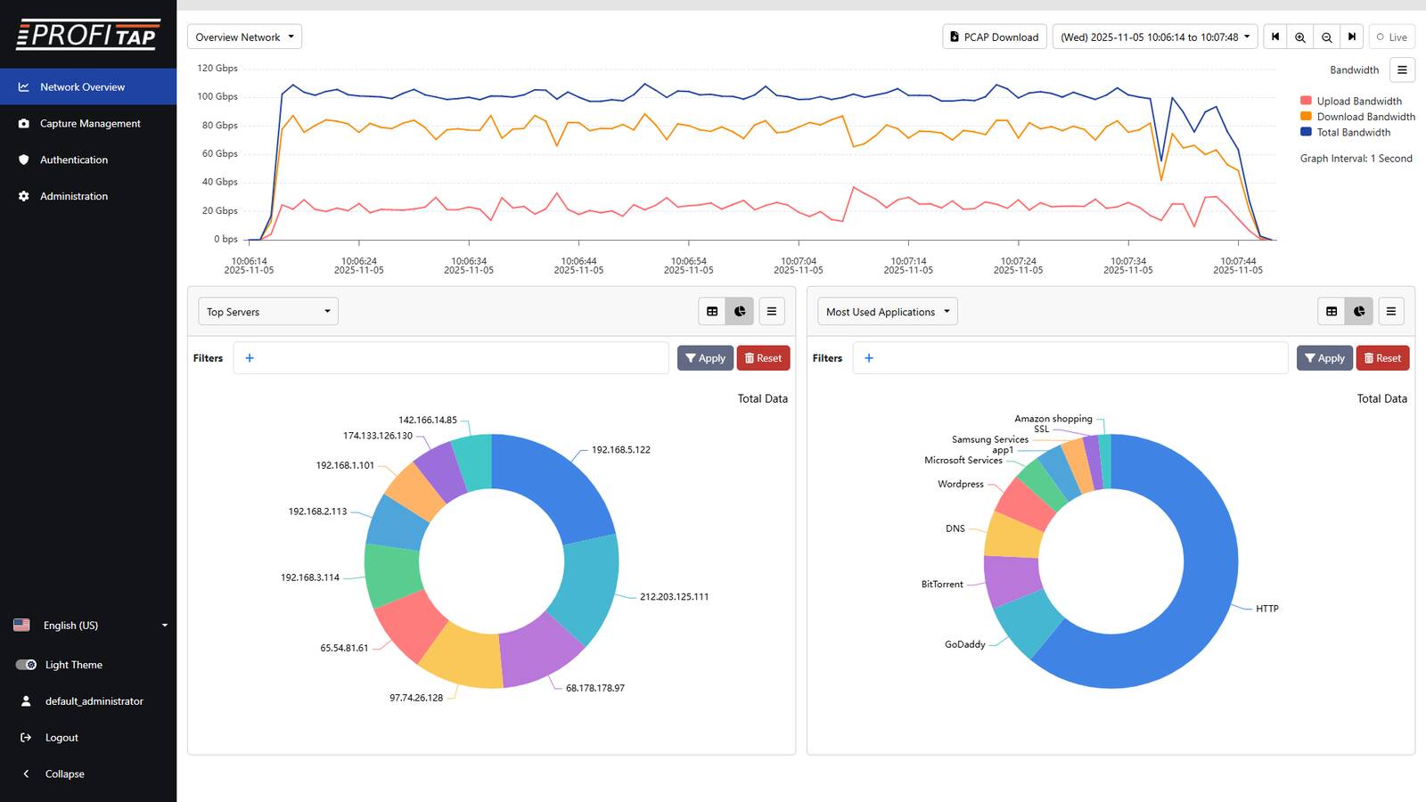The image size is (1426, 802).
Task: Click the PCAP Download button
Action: pyautogui.click(x=994, y=37)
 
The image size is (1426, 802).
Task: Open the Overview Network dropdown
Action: pyautogui.click(x=244, y=37)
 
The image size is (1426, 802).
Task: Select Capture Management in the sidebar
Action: pyautogui.click(x=90, y=123)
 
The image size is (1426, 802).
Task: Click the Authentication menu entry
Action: pyautogui.click(x=74, y=160)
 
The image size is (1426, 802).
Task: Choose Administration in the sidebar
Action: pyautogui.click(x=74, y=196)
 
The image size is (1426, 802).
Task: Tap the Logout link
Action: pyautogui.click(x=61, y=737)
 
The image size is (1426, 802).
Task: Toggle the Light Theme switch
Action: pyautogui.click(x=26, y=665)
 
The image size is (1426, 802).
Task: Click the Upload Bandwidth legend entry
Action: pyautogui.click(x=1358, y=101)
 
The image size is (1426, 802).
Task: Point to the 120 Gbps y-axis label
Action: pyautogui.click(x=217, y=68)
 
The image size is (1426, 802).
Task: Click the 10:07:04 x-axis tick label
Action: pyautogui.click(x=798, y=266)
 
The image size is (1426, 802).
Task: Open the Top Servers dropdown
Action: pyautogui.click(x=267, y=311)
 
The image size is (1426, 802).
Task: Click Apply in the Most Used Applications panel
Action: pyautogui.click(x=1324, y=358)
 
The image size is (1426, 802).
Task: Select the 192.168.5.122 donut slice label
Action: pyautogui.click(x=620, y=450)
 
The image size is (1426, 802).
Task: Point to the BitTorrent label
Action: pyautogui.click(x=942, y=585)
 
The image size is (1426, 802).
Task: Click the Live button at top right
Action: pyautogui.click(x=1391, y=37)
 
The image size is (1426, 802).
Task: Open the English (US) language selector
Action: pyautogui.click(x=89, y=625)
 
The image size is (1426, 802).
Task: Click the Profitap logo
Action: pyautogui.click(x=88, y=34)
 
